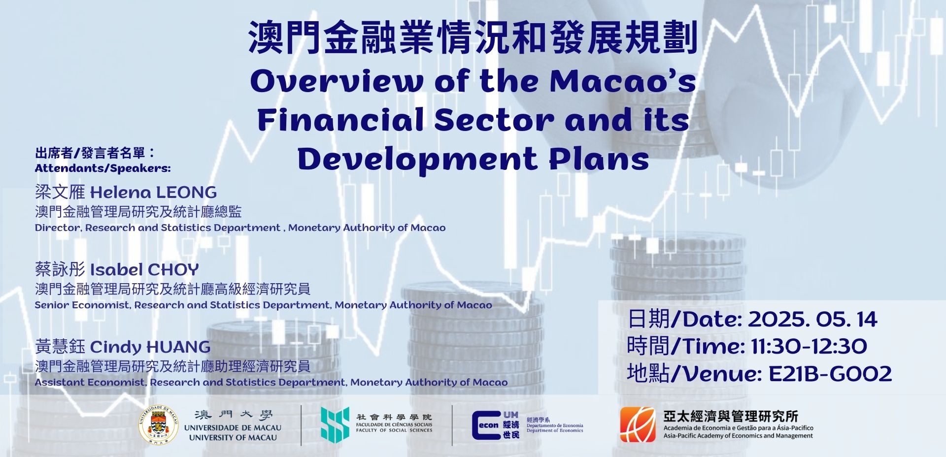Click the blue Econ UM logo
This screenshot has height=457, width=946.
(x=496, y=425)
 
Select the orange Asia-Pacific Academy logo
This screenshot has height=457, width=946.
(x=638, y=424)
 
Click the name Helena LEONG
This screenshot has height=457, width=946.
(x=153, y=192)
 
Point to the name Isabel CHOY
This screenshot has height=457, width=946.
(x=144, y=269)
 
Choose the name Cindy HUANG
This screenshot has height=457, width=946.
(x=150, y=347)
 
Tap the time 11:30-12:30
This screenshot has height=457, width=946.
(x=809, y=346)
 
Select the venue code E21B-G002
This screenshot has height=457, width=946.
(x=830, y=374)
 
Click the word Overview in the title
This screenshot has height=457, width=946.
(x=337, y=81)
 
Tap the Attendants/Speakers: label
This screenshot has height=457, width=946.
(x=103, y=168)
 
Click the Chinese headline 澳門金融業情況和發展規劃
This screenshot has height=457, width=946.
(x=473, y=37)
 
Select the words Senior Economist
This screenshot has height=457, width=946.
(x=82, y=305)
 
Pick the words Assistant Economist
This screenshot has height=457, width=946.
(x=90, y=382)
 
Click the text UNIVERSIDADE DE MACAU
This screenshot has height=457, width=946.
(x=233, y=428)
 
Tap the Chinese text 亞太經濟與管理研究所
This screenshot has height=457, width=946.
(x=731, y=416)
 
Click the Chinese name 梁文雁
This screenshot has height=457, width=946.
(x=60, y=192)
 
